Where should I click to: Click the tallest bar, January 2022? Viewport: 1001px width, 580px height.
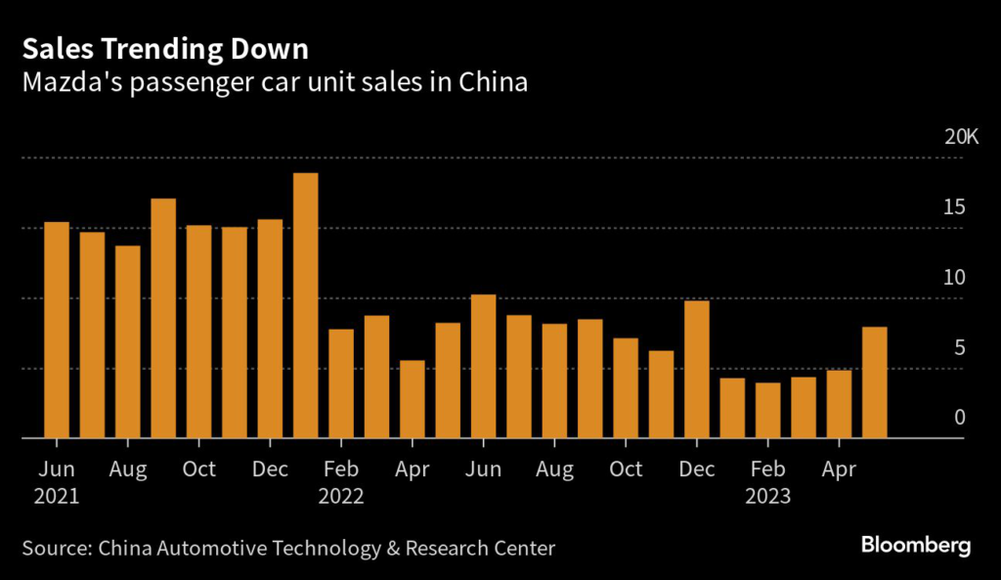tap(306, 306)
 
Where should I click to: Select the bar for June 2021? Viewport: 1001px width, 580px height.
tap(57, 331)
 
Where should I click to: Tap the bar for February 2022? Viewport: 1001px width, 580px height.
tap(341, 383)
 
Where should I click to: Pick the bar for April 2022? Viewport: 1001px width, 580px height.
tap(413, 399)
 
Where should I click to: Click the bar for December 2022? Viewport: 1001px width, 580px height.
tap(697, 370)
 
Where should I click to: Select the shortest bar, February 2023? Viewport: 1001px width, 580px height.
tap(768, 411)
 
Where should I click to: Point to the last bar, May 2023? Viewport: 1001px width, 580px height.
tap(875, 382)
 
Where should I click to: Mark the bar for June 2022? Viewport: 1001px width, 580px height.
tap(484, 367)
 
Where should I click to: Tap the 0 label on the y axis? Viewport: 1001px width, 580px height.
tap(960, 418)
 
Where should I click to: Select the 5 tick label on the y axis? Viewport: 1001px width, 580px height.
tap(960, 348)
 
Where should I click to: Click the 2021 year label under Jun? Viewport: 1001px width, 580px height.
tap(57, 496)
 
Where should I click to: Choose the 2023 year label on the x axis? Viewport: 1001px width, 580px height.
tap(767, 496)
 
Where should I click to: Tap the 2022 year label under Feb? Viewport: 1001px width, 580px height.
tap(341, 496)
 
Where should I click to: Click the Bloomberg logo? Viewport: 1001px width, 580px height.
tap(916, 546)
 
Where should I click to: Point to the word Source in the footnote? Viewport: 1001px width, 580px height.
tap(55, 547)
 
